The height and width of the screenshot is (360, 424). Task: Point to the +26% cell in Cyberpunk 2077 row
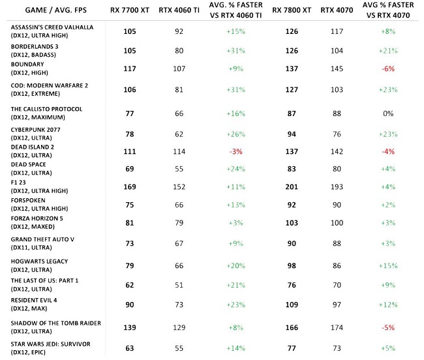235,135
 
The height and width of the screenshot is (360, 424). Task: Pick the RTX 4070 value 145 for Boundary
337,68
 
